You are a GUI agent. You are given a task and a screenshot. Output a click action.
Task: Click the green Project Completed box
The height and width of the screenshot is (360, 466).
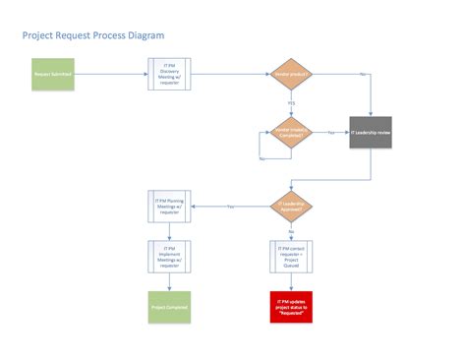[x=168, y=307]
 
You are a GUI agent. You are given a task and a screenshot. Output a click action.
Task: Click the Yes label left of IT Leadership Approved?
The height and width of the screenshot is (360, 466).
[x=230, y=206]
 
